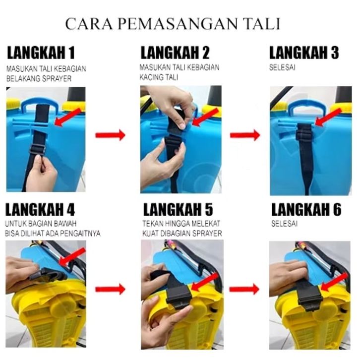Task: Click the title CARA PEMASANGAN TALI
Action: click(x=173, y=24)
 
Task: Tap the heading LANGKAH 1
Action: click(x=41, y=53)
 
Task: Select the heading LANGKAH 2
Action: click(x=175, y=53)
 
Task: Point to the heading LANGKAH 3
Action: click(x=304, y=53)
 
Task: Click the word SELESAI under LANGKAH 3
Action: click(x=282, y=67)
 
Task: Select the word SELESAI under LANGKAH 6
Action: click(x=284, y=224)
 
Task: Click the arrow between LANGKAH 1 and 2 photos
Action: click(x=110, y=135)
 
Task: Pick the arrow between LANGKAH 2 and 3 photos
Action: click(x=245, y=135)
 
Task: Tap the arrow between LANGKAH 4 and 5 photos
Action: click(x=110, y=289)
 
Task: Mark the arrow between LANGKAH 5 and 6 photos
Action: click(x=244, y=289)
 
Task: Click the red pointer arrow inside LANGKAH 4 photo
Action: click(x=72, y=256)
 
